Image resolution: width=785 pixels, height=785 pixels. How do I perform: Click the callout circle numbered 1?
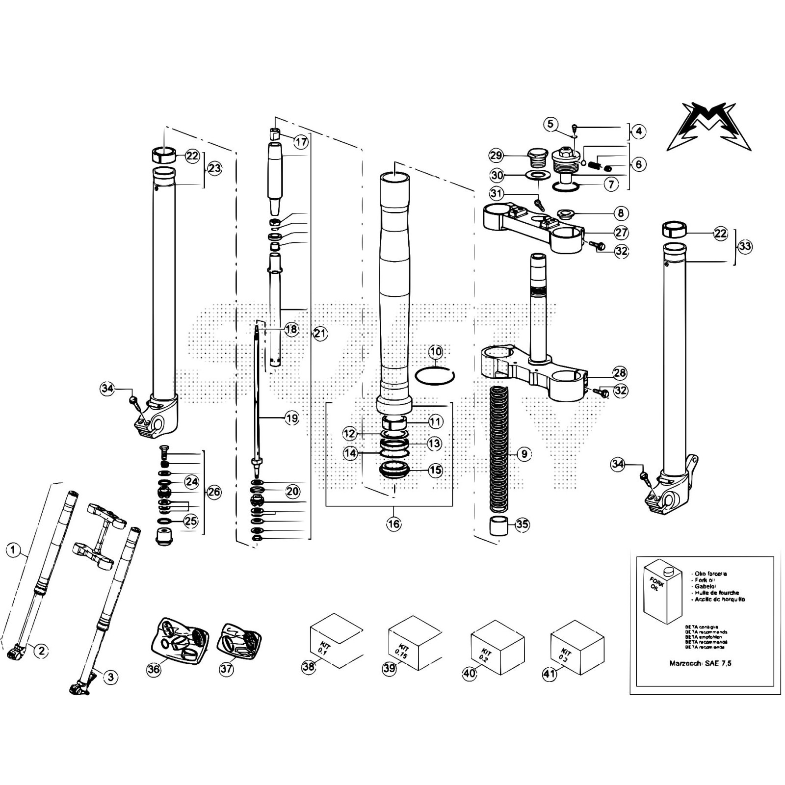click(x=13, y=550)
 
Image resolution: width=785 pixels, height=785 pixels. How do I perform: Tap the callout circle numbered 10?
click(x=436, y=352)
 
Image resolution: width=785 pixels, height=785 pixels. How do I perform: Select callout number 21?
click(x=320, y=334)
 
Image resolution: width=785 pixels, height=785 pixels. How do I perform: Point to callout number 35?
click(x=522, y=524)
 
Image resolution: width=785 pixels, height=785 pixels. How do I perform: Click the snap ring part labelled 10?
click(x=435, y=377)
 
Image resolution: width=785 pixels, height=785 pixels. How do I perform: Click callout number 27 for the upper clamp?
click(x=621, y=233)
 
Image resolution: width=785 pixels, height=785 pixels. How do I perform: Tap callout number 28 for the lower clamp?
click(x=620, y=373)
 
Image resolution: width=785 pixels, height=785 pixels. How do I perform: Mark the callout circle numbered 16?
click(x=393, y=524)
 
